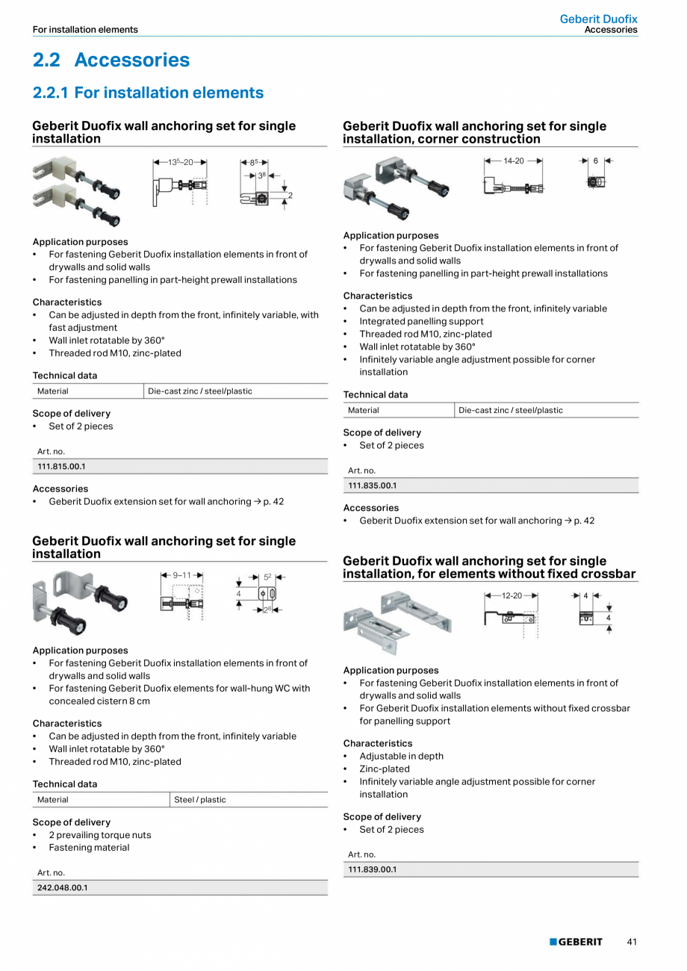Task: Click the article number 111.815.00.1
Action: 62,467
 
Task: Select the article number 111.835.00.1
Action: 373,485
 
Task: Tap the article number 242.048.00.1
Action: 62,888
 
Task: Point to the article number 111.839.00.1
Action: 373,869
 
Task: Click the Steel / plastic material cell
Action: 200,800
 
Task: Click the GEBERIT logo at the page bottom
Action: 576,942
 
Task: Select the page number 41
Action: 632,942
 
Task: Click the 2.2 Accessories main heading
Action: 111,60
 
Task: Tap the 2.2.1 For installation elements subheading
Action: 148,93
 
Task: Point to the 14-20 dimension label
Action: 514,161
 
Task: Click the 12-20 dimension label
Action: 512,596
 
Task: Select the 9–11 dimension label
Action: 182,576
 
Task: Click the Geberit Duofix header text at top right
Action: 599,19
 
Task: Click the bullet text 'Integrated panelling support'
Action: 421,322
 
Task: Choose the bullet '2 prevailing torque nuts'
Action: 99,835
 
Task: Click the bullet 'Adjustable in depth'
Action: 401,757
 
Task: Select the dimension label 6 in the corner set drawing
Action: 596,161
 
